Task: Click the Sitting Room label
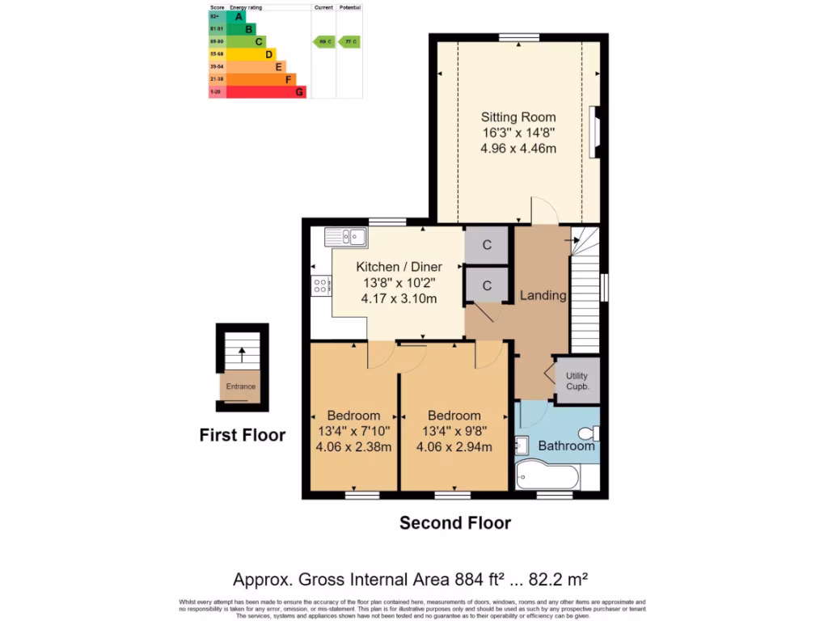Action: point(518,117)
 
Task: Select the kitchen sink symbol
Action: point(346,237)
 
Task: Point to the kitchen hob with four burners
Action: point(320,285)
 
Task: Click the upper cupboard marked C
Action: point(487,246)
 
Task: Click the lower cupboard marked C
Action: point(487,285)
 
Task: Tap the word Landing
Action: point(543,295)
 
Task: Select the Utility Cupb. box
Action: point(577,381)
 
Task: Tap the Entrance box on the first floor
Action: point(240,387)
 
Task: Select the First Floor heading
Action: point(242,435)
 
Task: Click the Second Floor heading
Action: point(455,523)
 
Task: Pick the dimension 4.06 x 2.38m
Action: point(354,447)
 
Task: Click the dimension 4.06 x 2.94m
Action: point(454,447)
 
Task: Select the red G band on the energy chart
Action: point(266,92)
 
